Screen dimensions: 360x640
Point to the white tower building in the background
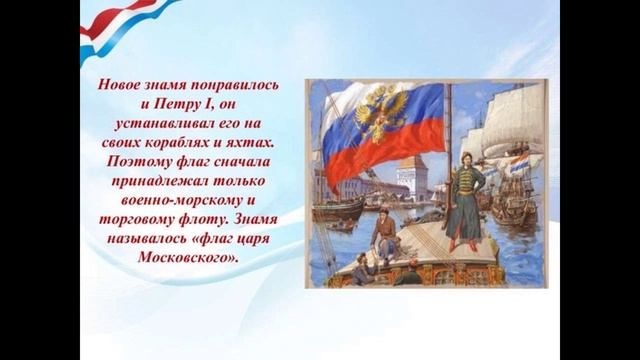click(x=408, y=175)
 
